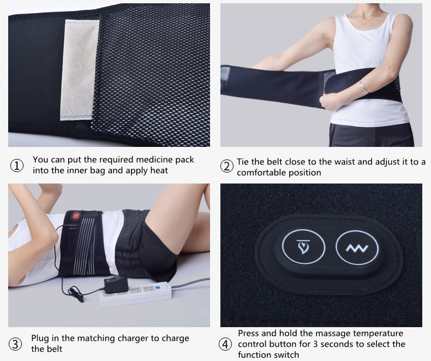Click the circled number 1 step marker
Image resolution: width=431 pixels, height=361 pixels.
(17, 165)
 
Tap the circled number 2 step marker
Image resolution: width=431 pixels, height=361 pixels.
(227, 167)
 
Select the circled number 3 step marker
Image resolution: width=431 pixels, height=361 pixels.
(15, 344)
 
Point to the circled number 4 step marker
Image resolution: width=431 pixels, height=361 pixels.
(225, 344)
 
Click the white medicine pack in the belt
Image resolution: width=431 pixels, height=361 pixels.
(80, 69)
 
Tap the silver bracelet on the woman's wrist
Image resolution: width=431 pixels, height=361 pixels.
(364, 87)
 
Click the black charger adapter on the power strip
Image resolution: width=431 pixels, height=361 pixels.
(116, 285)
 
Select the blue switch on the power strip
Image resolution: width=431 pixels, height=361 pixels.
(158, 287)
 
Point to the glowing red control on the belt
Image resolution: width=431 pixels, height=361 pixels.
(76, 215)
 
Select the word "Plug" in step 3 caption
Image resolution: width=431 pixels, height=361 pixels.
(40, 339)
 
